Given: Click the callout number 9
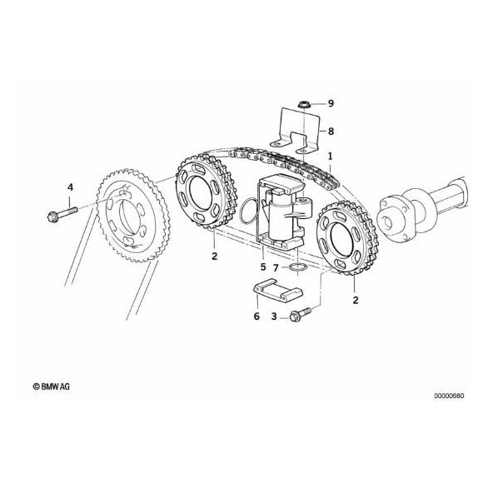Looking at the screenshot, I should click(330, 103).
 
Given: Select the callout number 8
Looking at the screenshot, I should click(330, 131).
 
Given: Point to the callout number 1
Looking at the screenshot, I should click(330, 156).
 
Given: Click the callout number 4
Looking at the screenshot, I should click(70, 187).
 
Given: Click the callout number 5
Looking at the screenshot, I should click(262, 267).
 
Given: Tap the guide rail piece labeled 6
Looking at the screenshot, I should click(276, 296).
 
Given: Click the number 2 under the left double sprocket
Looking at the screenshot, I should click(214, 256).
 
